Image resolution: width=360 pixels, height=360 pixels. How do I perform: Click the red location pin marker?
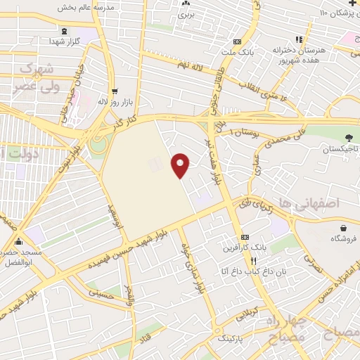(181, 165)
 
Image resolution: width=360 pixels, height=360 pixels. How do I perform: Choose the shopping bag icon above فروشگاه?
(342, 229)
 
